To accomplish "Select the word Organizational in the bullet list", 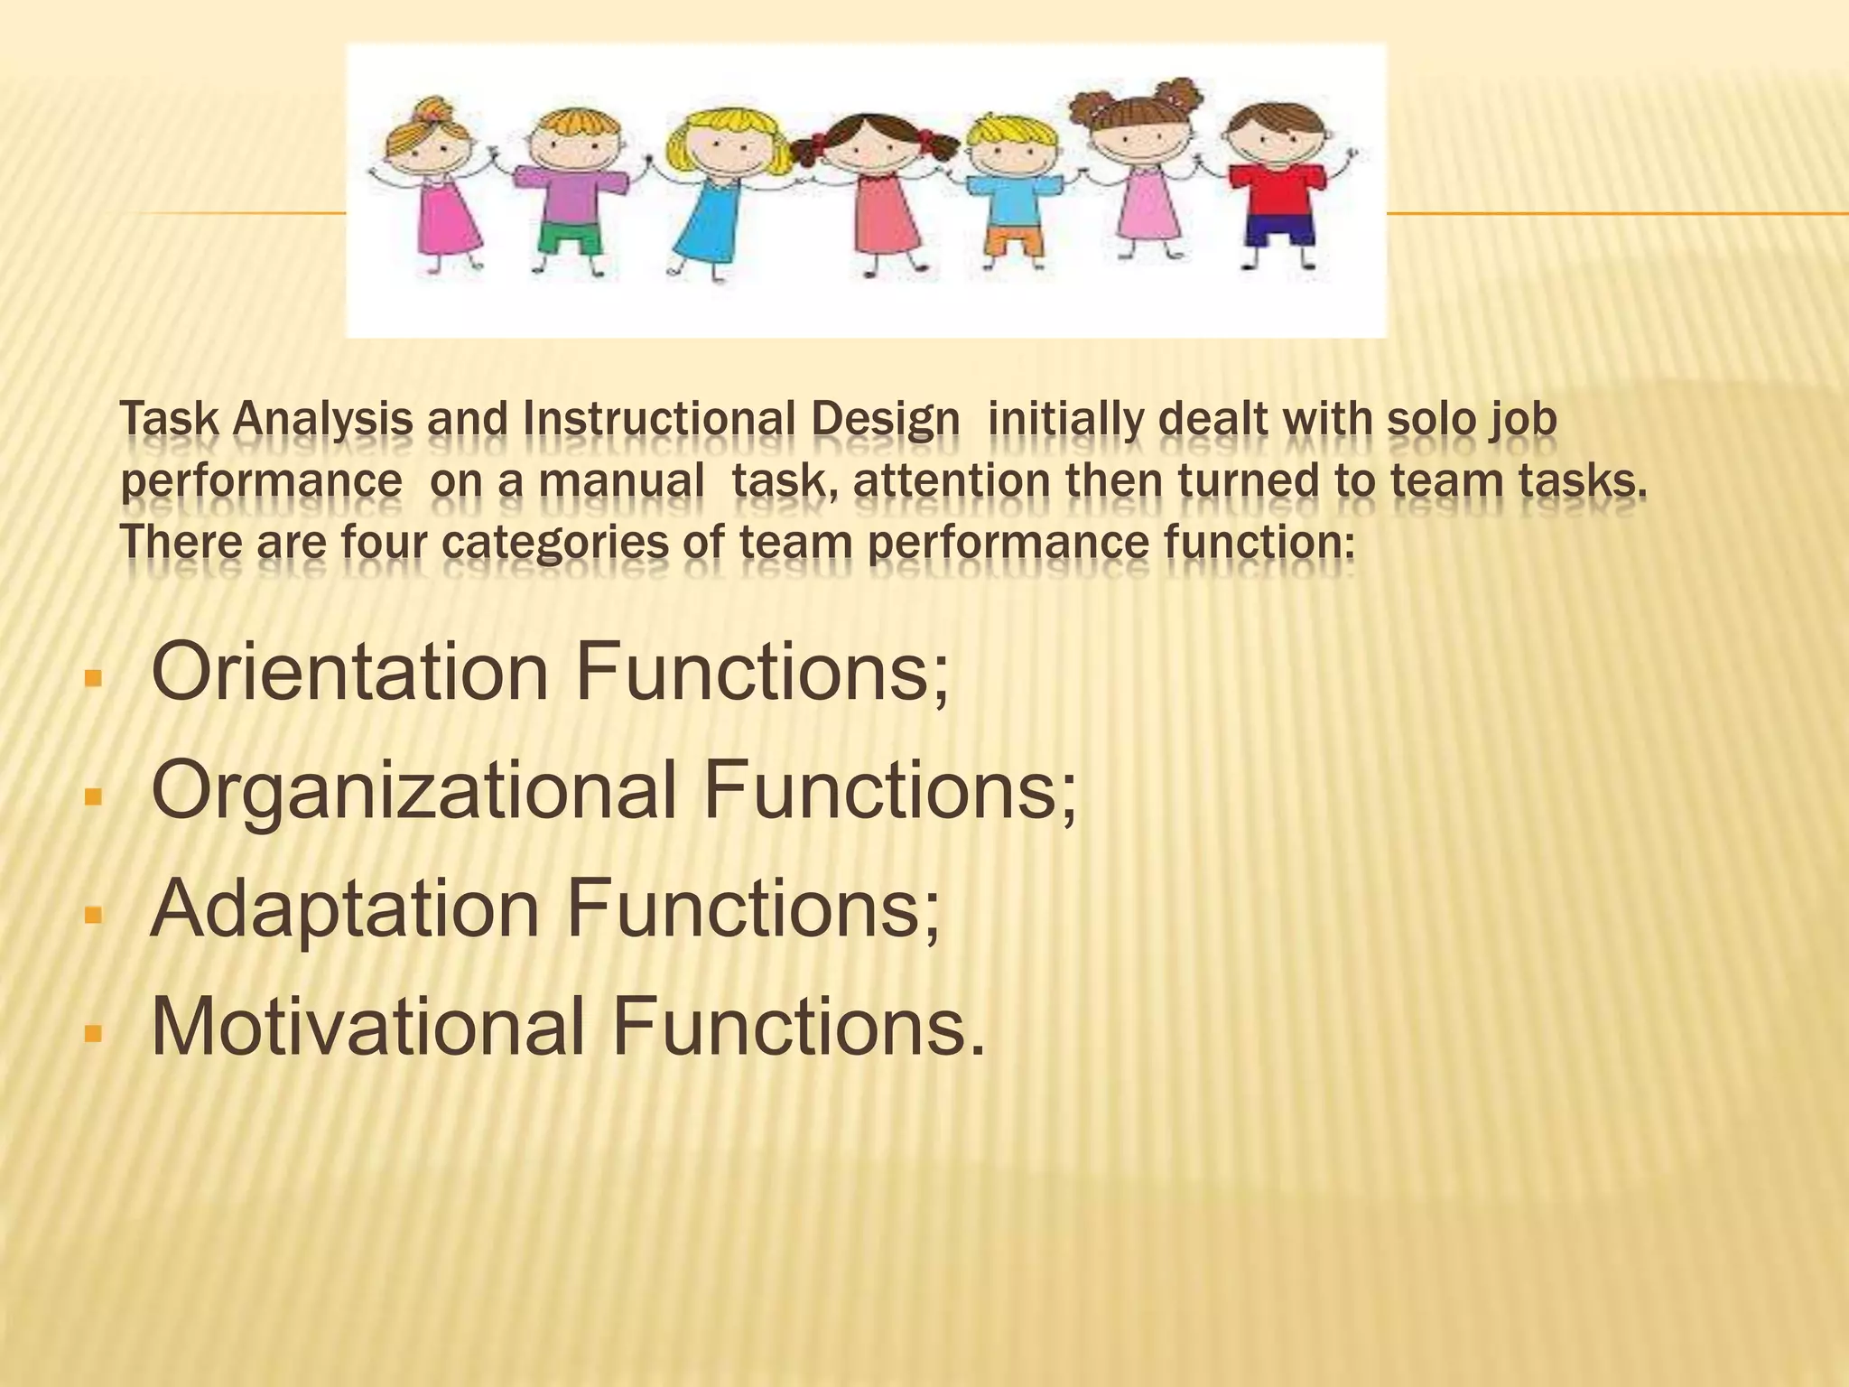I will [x=413, y=789].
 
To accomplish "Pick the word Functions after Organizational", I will [x=889, y=789].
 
